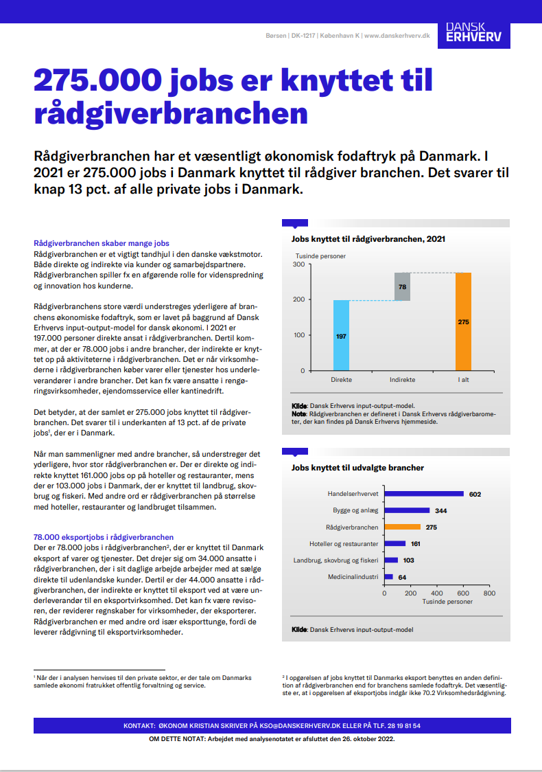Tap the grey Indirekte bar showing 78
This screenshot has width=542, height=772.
pos(402,286)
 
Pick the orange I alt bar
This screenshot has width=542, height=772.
pos(463,321)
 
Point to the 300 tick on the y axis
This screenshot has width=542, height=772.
pos(298,264)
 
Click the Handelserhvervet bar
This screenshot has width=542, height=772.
pos(424,494)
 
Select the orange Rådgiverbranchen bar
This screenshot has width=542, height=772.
pos(402,527)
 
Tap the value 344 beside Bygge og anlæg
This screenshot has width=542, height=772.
pos(441,510)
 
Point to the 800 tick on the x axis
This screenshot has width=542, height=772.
pos(489,593)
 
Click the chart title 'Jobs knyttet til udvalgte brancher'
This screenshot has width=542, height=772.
pos(357,468)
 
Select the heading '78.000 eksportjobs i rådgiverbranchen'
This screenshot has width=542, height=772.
pos(104,537)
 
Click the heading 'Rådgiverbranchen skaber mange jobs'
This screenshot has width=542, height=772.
pos(102,243)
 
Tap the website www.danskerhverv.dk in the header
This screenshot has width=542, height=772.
pos(397,35)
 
